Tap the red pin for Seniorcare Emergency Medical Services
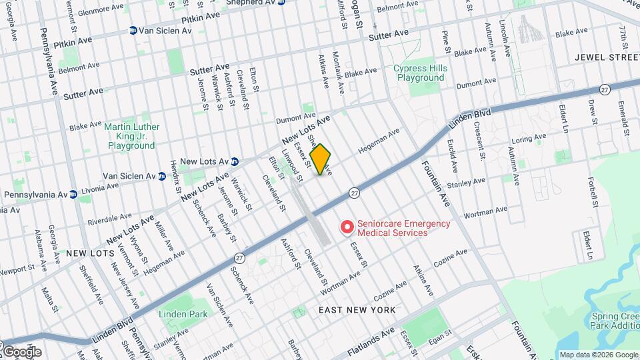pyautogui.click(x=347, y=228)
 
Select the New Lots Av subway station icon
pyautogui.click(x=235, y=161)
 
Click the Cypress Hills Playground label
pyautogui.click(x=419, y=73)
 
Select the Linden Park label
pyautogui.click(x=183, y=314)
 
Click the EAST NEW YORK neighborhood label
pyautogui.click(x=357, y=310)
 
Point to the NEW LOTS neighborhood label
pyautogui.click(x=88, y=253)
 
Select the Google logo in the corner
pyautogui.click(x=21, y=351)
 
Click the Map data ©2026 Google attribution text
pyautogui.click(x=598, y=355)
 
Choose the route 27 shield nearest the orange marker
pyautogui.click(x=354, y=193)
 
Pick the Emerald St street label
pyautogui.click(x=625, y=116)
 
